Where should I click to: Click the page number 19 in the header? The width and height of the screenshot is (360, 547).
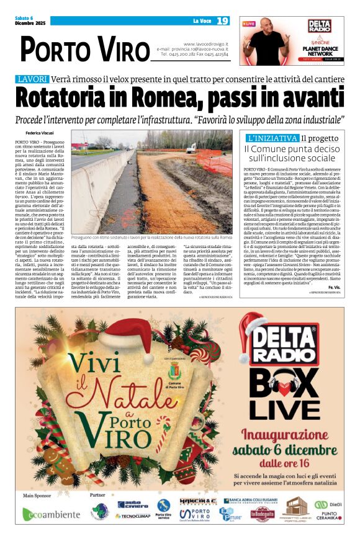[223, 21]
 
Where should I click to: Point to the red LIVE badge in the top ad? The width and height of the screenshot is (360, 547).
[249, 24]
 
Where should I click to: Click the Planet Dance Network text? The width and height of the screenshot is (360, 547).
[320, 50]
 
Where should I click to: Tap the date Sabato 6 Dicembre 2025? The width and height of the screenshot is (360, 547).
[29, 21]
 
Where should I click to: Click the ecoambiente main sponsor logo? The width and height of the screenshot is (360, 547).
[52, 514]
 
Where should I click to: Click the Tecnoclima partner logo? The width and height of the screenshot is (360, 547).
[133, 516]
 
